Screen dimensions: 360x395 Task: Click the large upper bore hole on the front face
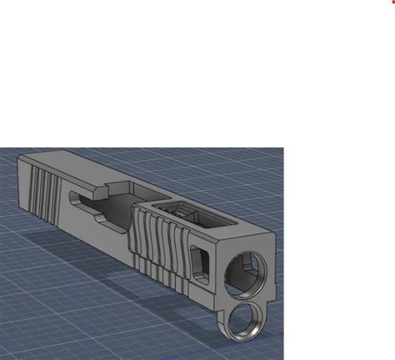coord(242,272)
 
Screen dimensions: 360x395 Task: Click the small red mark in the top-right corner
coord(392,2)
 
